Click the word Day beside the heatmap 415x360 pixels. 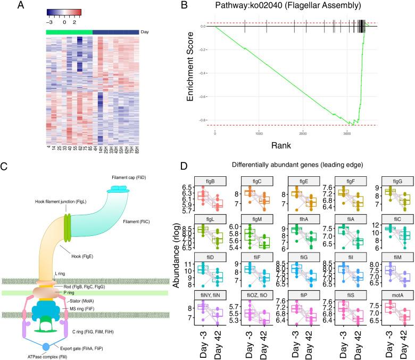144,32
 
